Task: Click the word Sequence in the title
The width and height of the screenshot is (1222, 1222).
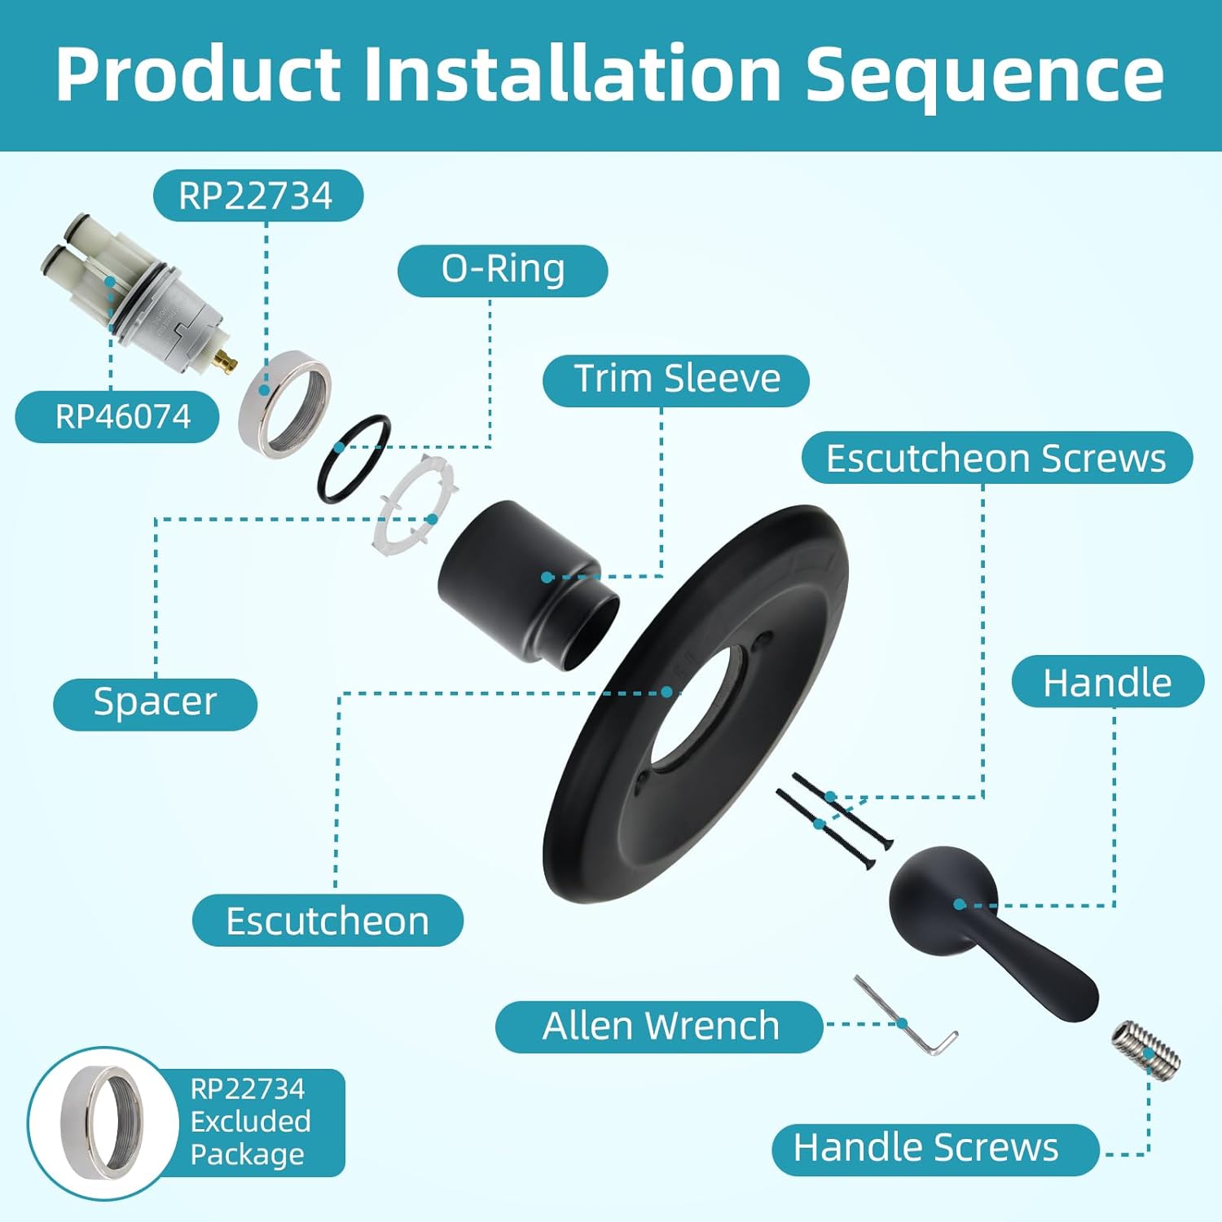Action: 984,75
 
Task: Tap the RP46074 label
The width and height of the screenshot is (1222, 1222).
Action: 122,417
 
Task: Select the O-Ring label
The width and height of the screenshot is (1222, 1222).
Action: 503,270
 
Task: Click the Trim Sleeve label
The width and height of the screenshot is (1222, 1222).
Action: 676,380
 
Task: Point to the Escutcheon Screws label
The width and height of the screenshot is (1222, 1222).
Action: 996,458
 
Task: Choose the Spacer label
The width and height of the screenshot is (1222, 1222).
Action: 155,702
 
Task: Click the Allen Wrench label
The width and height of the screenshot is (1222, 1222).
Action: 660,1026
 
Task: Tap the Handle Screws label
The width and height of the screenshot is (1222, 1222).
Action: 926,1149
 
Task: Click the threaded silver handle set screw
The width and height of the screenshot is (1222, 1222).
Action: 1145,1048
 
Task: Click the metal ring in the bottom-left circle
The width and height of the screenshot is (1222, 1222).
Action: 102,1123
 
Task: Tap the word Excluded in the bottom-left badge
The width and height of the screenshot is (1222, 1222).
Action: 250,1122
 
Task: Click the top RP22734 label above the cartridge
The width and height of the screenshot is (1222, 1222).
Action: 256,196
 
